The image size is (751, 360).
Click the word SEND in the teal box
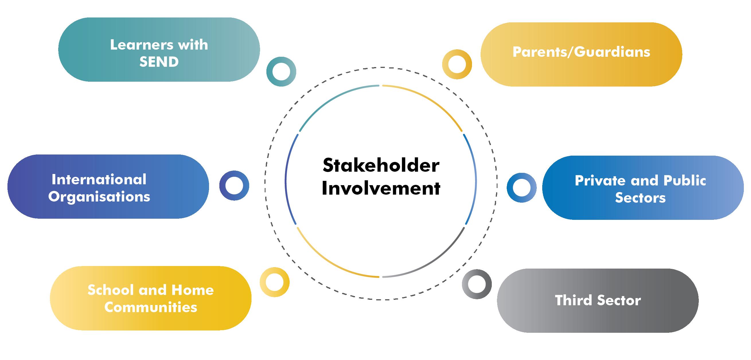(159, 62)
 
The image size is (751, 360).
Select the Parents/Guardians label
(581, 52)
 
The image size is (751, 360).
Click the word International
(99, 179)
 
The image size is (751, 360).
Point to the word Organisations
(99, 197)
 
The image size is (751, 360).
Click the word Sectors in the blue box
(640, 198)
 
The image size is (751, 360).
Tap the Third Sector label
(598, 301)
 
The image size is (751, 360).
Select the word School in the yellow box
(110, 290)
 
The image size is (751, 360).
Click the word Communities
(151, 307)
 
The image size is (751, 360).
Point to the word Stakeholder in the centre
(381, 166)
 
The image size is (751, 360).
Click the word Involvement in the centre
(381, 188)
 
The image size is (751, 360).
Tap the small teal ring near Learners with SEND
(281, 71)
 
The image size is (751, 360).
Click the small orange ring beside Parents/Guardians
(457, 64)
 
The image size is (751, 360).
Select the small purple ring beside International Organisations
(234, 185)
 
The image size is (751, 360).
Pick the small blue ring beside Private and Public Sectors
(522, 188)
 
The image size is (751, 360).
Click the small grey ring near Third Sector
(477, 284)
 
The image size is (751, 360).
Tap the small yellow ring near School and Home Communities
(274, 282)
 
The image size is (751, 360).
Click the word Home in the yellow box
(192, 290)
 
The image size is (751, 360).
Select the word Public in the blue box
(684, 181)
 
